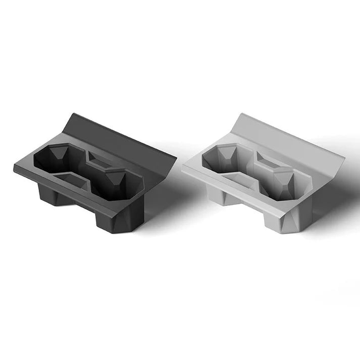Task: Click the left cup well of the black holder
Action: click(53, 160)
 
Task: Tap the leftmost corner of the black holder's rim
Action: click(14, 167)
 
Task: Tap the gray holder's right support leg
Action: click(285, 222)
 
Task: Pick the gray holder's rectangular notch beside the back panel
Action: click(270, 159)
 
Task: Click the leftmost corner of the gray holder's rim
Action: click(183, 167)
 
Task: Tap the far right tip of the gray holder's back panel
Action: click(344, 158)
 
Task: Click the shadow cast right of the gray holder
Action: click(333, 202)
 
